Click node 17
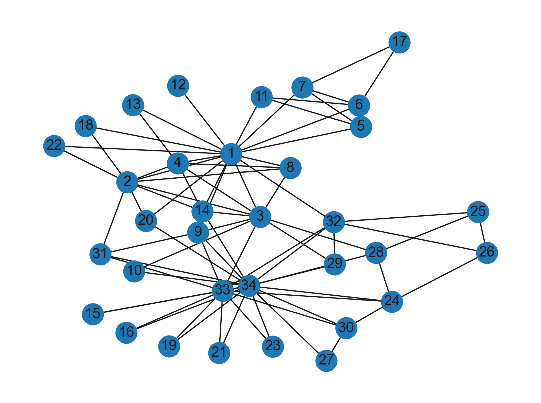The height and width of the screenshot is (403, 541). [x=399, y=42]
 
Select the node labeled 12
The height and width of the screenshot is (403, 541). [x=178, y=85]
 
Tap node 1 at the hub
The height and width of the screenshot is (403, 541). [x=231, y=154]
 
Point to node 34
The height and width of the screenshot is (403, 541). [x=249, y=286]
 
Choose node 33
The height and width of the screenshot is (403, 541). [x=223, y=290]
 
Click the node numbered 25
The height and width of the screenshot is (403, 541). [x=478, y=212]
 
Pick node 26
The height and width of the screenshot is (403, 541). [x=487, y=253]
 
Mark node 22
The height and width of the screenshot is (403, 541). [x=54, y=146]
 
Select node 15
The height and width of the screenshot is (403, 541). [x=93, y=314]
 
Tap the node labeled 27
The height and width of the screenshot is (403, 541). [x=326, y=360]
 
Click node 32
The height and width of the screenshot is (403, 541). [x=334, y=222]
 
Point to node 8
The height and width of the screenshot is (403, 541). [x=290, y=168]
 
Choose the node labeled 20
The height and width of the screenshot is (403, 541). [x=146, y=221]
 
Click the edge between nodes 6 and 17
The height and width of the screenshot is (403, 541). [x=379, y=74]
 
